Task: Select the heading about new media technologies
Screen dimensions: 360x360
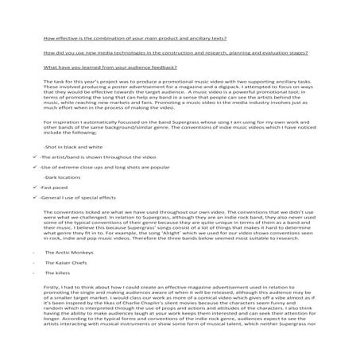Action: pyautogui.click(x=176, y=53)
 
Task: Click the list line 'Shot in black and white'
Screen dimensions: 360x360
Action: pyautogui.click(x=72, y=148)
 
